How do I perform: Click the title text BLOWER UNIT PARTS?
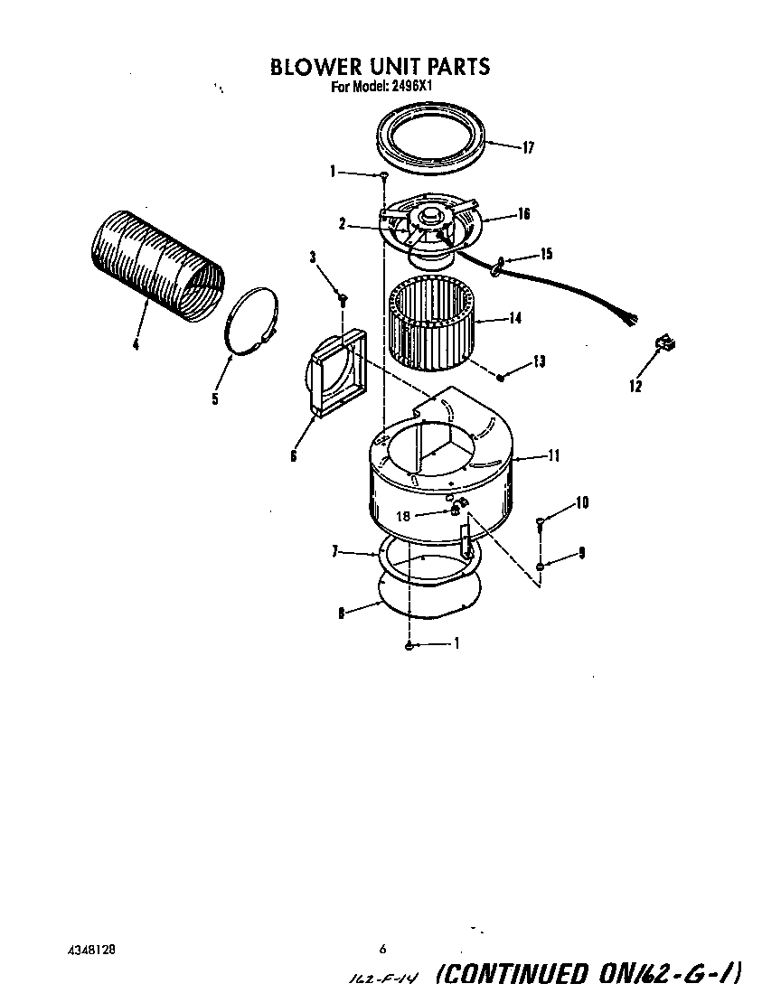point(381,66)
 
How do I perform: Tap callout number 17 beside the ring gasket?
point(529,149)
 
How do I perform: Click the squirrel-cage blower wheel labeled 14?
point(431,323)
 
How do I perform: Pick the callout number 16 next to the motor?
point(523,214)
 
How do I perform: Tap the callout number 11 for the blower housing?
point(551,456)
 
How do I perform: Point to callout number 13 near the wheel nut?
point(539,361)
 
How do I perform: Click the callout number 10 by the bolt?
point(581,502)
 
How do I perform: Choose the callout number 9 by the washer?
point(581,552)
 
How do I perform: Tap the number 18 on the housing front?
point(403,516)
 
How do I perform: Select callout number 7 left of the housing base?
point(334,551)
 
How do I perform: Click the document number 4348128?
point(90,951)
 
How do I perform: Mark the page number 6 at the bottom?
point(383,949)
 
